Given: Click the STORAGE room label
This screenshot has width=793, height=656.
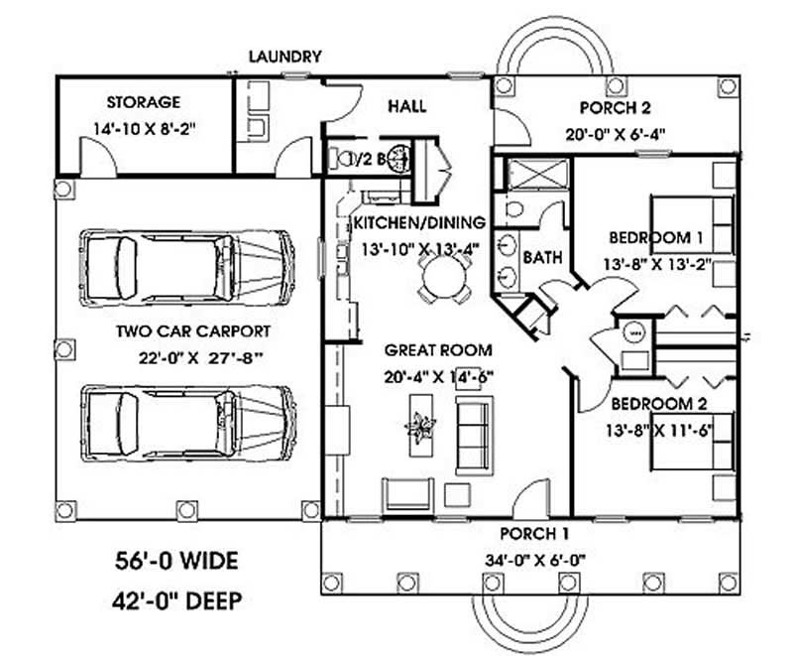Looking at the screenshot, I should [144, 102].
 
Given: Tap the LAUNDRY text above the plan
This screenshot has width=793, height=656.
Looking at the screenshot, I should [284, 57].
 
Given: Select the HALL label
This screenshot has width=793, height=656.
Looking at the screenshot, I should [406, 106].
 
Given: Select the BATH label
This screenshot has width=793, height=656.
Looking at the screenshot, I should [542, 257].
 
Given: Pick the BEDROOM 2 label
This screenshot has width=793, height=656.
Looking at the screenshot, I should [656, 404].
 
